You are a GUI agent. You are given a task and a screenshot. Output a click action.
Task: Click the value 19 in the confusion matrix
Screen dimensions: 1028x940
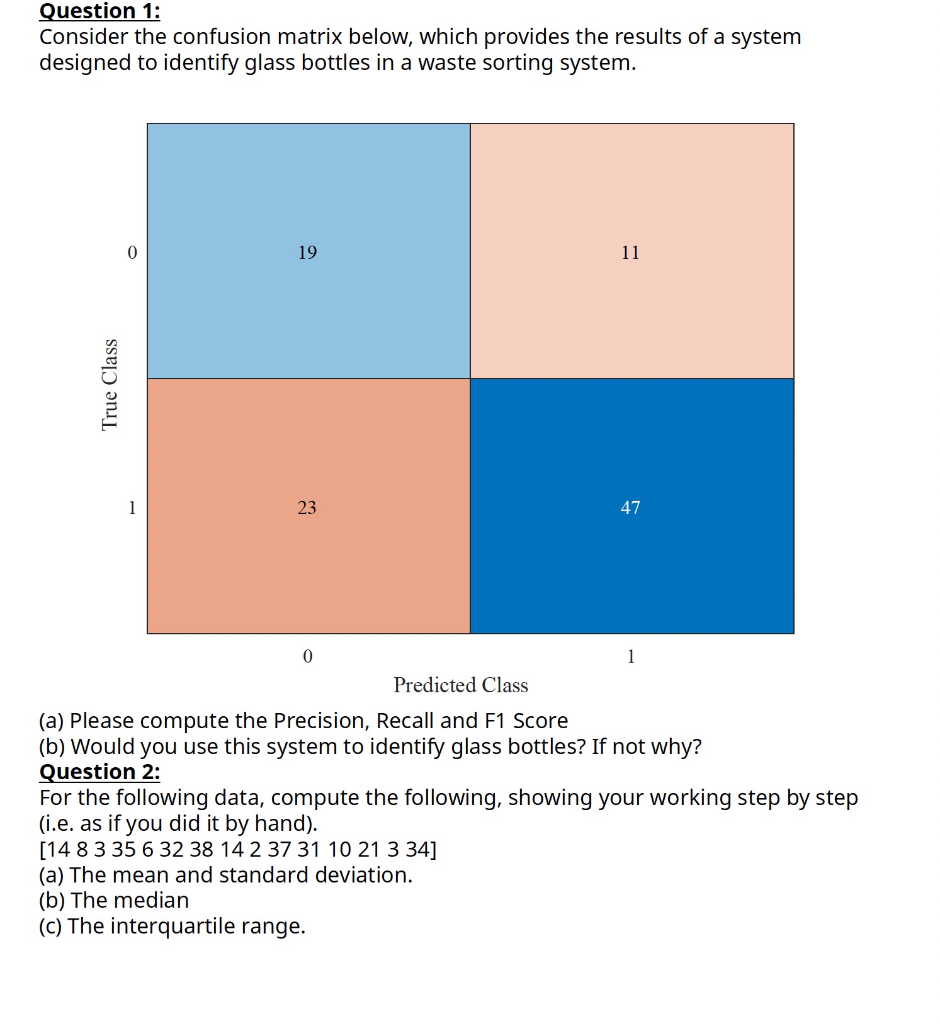pyautogui.click(x=307, y=253)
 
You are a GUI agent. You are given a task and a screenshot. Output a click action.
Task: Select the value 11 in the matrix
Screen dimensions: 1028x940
pyautogui.click(x=630, y=253)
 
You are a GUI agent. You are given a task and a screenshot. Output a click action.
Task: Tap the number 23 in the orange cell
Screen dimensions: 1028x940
pyautogui.click(x=307, y=508)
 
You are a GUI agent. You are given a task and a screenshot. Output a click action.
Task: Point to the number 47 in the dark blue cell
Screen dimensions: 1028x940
pyautogui.click(x=630, y=508)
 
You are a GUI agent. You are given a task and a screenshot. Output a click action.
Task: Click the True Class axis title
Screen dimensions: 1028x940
pyautogui.click(x=110, y=384)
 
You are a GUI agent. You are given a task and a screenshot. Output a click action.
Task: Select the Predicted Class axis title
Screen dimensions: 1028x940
pyautogui.click(x=460, y=685)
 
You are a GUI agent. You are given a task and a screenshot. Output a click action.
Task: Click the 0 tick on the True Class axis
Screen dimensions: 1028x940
pyautogui.click(x=132, y=253)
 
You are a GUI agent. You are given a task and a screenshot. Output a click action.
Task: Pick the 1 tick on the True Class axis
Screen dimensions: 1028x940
pyautogui.click(x=132, y=508)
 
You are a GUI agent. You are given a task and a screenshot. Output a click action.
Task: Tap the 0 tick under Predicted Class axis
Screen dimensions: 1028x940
pyautogui.click(x=307, y=656)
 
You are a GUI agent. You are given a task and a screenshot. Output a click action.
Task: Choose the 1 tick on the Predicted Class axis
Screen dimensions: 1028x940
pyautogui.click(x=631, y=656)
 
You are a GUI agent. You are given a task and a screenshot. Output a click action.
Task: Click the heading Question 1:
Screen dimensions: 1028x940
pyautogui.click(x=99, y=11)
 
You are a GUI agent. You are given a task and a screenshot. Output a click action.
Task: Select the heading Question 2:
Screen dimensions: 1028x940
pyautogui.click(x=99, y=772)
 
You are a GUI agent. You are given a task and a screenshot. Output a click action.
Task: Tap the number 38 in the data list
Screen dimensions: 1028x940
pyautogui.click(x=201, y=850)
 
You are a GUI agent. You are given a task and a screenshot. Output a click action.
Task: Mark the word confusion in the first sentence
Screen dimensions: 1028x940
pyautogui.click(x=222, y=37)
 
